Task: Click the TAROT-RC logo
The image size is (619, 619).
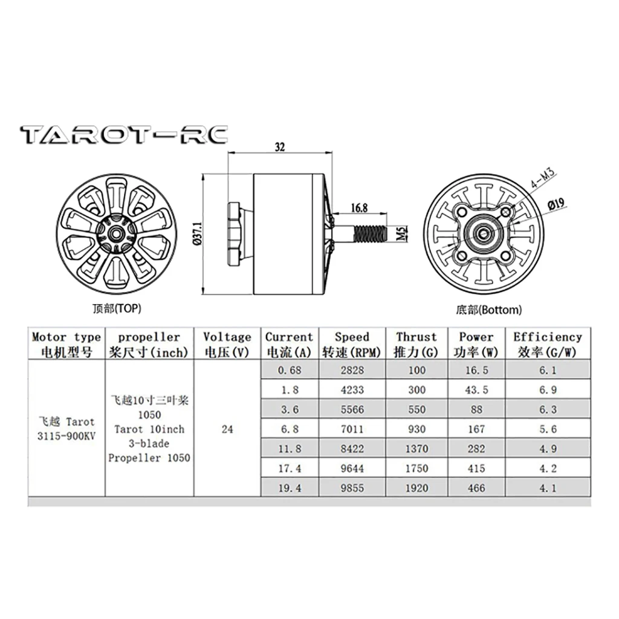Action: pos(124,135)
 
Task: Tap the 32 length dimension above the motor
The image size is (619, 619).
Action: pos(279,147)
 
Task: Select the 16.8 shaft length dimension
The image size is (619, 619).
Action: pos(359,208)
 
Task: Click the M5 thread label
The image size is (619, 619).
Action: pos(401,233)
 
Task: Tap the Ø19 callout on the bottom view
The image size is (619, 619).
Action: pos(556,204)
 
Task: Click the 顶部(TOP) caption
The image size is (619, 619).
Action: pos(117,308)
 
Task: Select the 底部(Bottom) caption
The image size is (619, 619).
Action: pos(488,310)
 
